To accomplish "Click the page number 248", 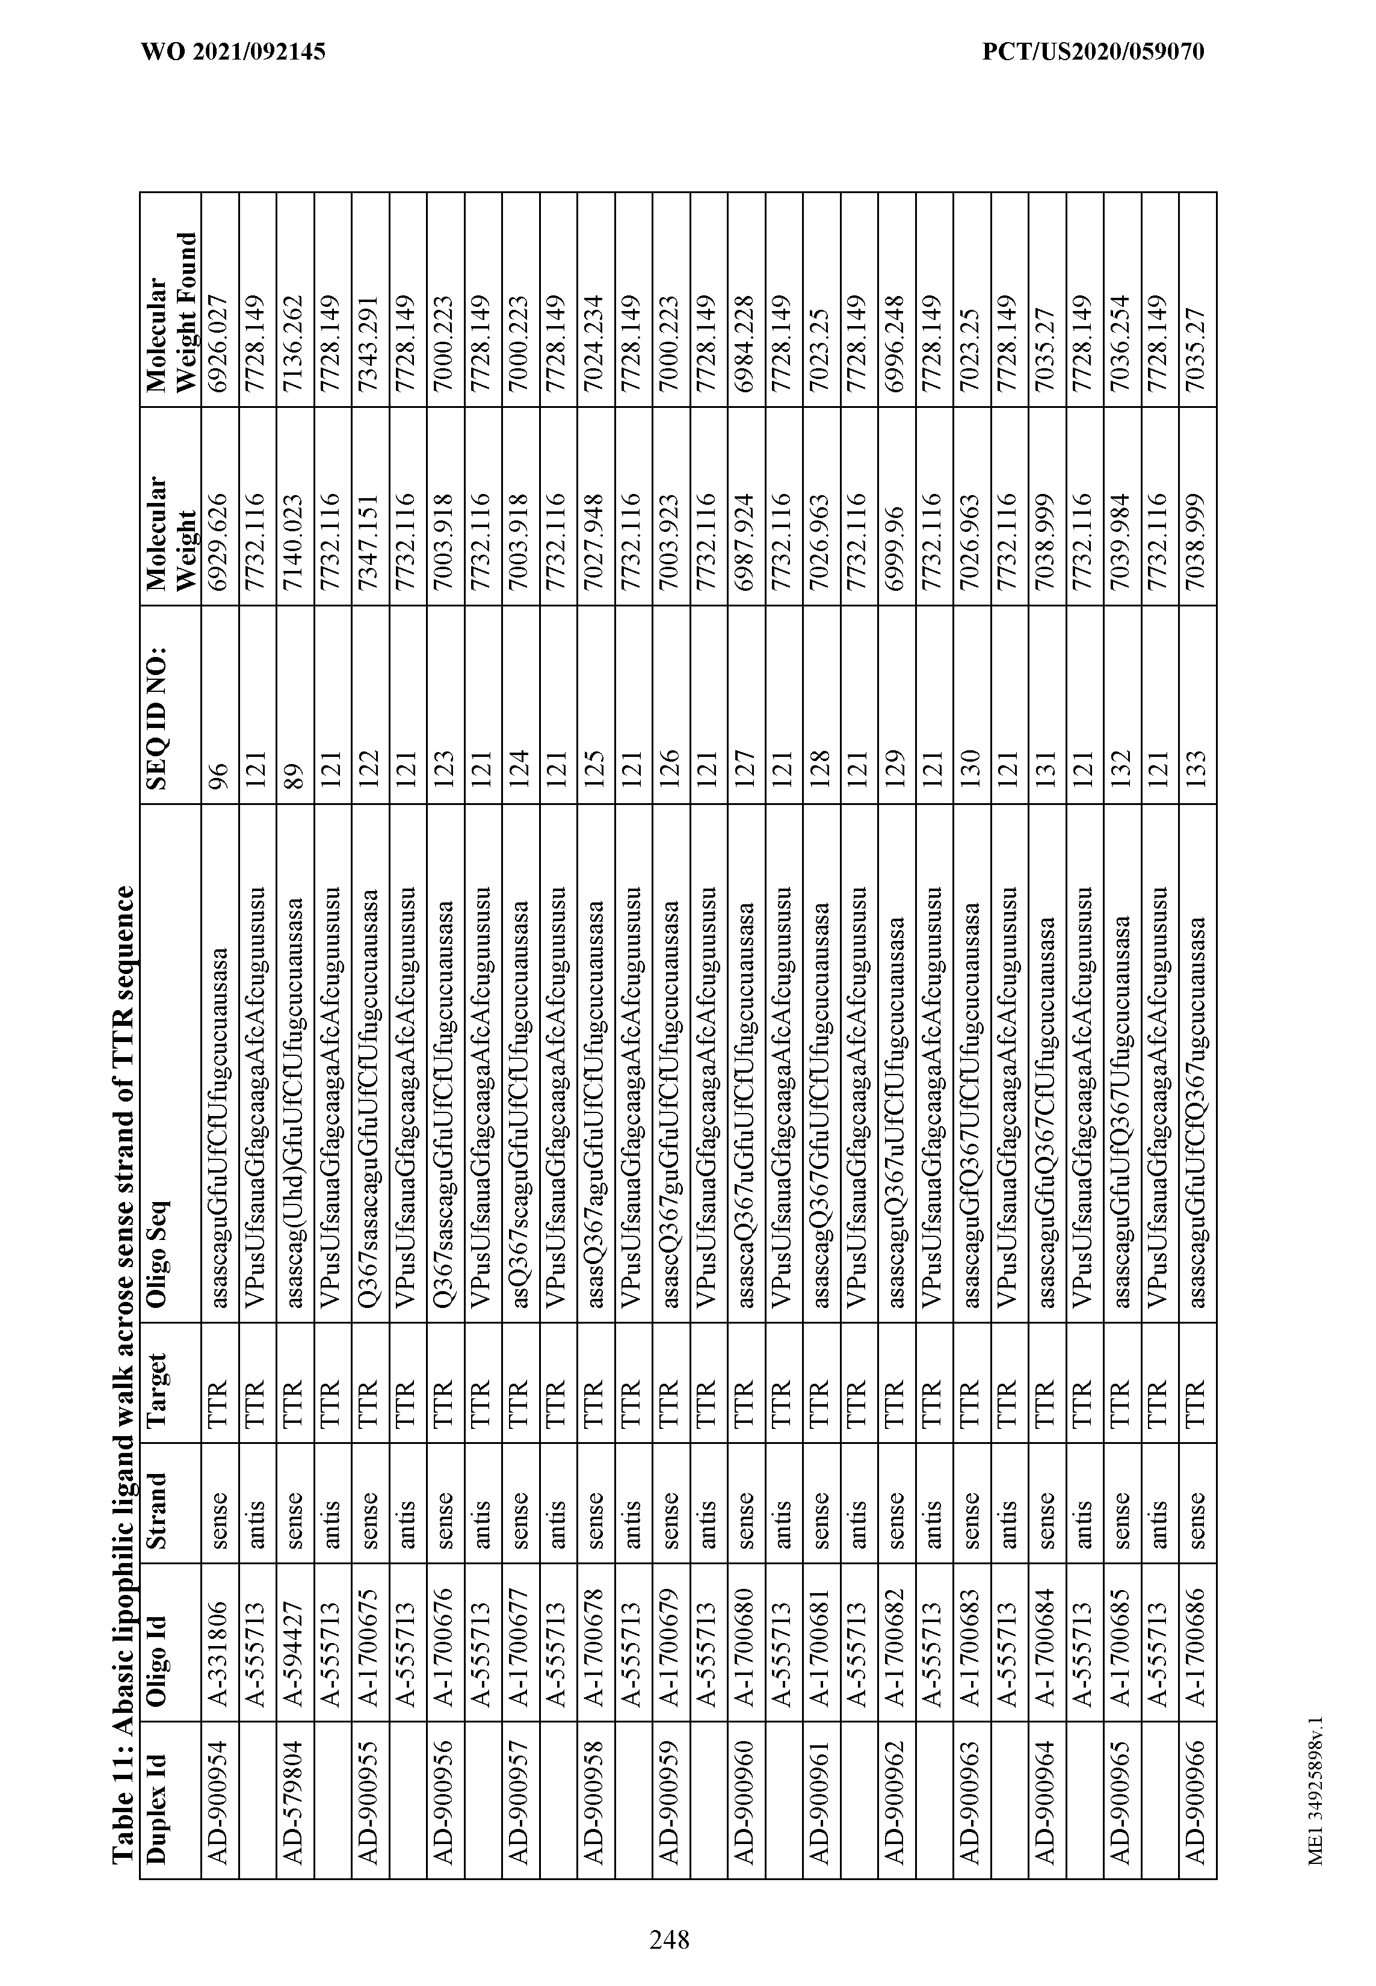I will point(669,1916).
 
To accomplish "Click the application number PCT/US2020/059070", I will point(1093,52).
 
